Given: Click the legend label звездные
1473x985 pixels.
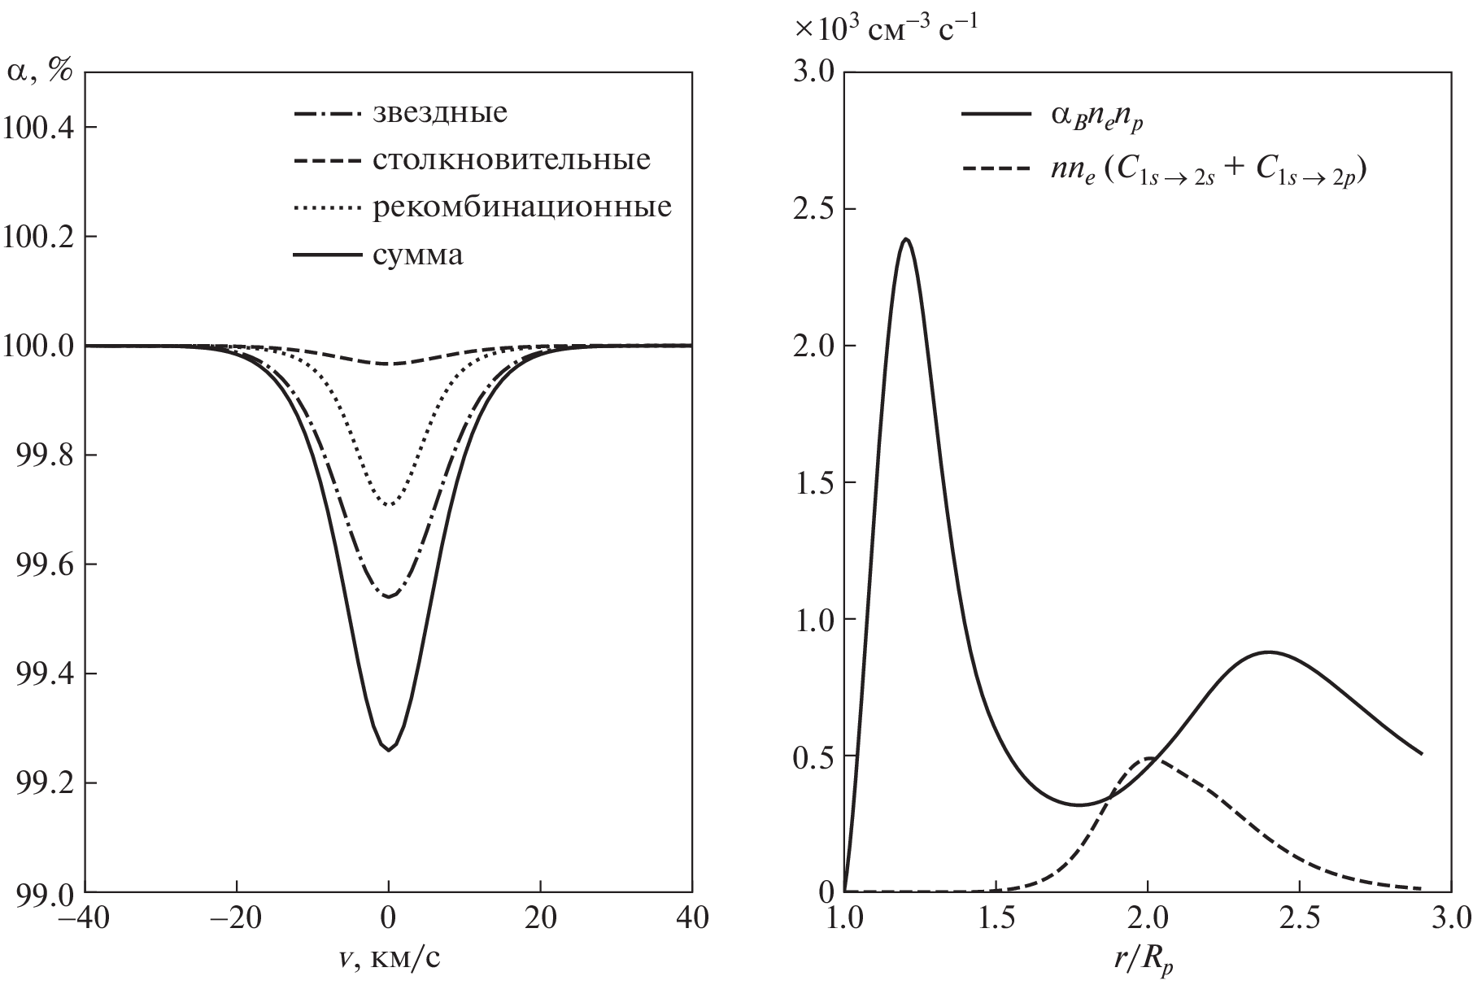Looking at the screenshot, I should tap(440, 112).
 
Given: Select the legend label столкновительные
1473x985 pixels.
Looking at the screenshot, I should tap(512, 159).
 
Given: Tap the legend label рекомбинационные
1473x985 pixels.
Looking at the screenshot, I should tap(522, 207).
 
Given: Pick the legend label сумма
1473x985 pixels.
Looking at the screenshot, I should tap(418, 255).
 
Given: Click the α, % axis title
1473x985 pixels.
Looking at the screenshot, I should tap(39, 72).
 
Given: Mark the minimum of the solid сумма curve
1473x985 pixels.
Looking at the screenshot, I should tap(389, 749).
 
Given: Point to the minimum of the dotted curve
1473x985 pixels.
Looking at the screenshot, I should tap(389, 505).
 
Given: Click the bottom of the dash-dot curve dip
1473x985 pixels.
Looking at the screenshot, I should tap(389, 597).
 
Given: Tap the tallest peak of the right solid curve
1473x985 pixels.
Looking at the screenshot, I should tap(905, 239).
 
